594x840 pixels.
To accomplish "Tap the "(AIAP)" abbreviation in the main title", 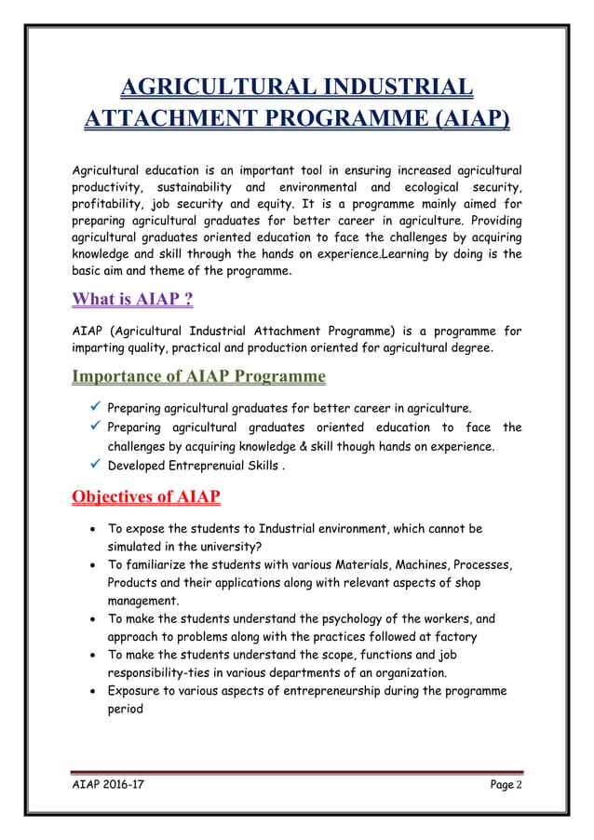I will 460,121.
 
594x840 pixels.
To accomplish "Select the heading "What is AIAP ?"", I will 132,302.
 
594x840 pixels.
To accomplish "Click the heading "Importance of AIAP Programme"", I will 198,377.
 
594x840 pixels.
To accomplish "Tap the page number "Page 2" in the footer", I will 506,787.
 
